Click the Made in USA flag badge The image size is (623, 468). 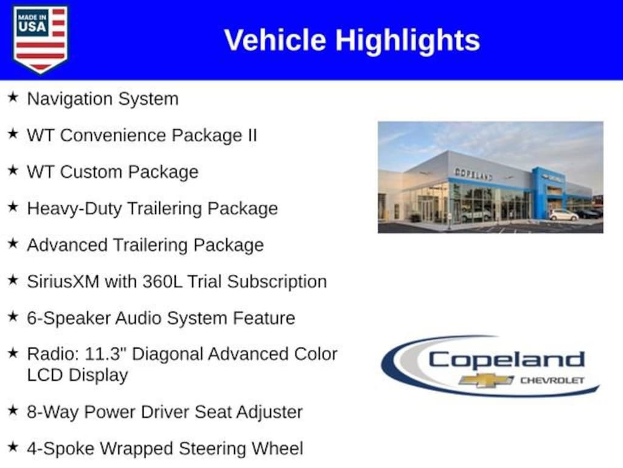click(40, 38)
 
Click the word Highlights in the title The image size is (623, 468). click(407, 40)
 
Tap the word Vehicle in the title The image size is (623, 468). click(276, 40)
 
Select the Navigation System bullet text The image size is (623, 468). click(102, 99)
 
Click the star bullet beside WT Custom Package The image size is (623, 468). click(13, 171)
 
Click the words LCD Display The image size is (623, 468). click(77, 375)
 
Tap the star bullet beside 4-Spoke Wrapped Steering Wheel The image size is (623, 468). click(13, 448)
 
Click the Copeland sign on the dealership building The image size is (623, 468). click(473, 174)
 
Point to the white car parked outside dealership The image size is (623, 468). click(563, 215)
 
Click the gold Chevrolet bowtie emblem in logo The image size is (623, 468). click(486, 380)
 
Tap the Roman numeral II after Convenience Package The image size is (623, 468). click(251, 135)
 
